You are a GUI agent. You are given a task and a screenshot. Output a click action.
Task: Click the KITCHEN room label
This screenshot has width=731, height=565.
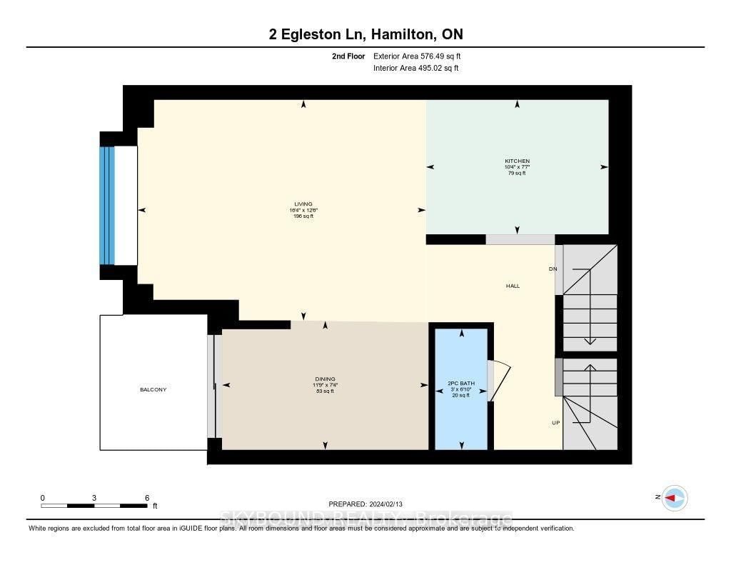click(x=517, y=161)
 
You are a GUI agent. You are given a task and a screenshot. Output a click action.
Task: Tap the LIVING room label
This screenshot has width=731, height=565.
click(x=303, y=204)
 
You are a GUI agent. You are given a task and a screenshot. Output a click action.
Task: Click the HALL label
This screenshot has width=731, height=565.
click(x=513, y=286)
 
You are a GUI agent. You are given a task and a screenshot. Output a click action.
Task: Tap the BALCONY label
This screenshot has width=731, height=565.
click(x=153, y=389)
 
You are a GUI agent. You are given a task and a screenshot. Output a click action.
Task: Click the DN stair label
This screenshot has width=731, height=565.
click(x=553, y=269)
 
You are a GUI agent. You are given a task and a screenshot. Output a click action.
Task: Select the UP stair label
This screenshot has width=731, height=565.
click(x=555, y=423)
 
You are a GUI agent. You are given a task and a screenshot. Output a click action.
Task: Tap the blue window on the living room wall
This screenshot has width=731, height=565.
click(x=107, y=205)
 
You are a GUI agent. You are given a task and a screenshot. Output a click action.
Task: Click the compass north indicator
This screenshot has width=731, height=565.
click(x=674, y=498)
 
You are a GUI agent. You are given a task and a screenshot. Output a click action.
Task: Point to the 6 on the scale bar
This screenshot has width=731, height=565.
click(x=146, y=497)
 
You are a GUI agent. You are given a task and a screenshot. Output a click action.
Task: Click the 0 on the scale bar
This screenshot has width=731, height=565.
click(x=42, y=497)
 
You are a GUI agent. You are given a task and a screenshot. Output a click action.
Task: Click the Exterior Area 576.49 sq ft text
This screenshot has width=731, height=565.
click(x=422, y=56)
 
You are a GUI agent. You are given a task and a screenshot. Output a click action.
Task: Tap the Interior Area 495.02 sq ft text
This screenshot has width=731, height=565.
click(x=415, y=69)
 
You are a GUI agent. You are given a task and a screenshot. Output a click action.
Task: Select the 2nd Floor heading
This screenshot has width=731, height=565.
click(x=348, y=56)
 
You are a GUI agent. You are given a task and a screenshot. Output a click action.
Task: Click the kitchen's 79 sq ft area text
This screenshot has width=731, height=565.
click(x=517, y=173)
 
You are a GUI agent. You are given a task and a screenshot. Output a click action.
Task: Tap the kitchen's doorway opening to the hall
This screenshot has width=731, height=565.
click(x=520, y=239)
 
